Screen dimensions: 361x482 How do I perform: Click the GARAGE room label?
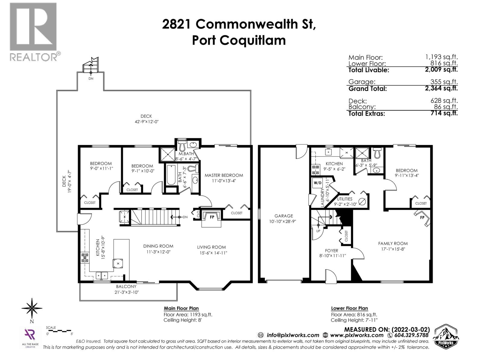point(283,216)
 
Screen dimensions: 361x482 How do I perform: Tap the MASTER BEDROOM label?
point(224,175)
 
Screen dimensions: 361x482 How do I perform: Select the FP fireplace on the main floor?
point(212,217)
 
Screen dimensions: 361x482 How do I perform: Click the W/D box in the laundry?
point(318,183)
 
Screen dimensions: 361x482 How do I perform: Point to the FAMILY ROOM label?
point(393,243)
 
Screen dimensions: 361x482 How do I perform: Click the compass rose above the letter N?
point(32,308)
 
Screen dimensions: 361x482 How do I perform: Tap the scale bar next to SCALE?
point(60,331)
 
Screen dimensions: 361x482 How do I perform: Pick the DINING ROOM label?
point(158,246)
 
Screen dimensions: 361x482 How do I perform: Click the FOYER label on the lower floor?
point(331,251)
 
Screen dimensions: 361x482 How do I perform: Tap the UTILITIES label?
point(344,199)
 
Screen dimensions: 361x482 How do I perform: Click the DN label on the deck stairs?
point(91,79)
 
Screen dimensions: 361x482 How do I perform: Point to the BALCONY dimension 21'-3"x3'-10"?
point(127,292)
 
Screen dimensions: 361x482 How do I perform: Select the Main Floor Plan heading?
point(181,308)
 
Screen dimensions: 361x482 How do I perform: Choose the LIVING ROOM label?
point(211,247)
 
